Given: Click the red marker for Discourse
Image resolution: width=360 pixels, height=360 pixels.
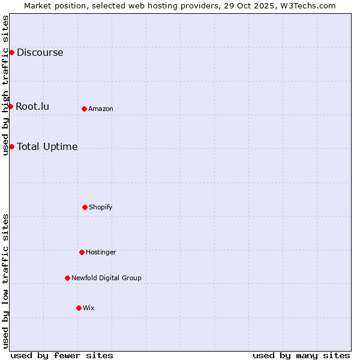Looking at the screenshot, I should coord(11,53).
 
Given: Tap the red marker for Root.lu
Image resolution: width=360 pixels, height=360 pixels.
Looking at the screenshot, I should coord(10,107).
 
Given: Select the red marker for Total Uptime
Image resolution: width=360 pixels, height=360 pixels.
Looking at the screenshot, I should coord(11,147).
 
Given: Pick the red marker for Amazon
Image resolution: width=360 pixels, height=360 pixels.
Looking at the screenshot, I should coord(84,109).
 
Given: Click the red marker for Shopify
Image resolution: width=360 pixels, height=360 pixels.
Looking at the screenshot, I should coord(85,207).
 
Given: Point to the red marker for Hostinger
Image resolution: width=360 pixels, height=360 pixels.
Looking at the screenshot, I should coord(82,252).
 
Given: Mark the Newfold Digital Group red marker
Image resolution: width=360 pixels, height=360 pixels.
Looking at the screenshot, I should coord(67,278).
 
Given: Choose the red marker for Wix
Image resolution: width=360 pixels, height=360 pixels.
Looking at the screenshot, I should coord(79,308).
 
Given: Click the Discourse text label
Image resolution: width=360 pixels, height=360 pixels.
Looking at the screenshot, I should coord(40,53).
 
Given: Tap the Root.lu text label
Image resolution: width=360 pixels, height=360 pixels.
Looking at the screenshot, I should coord(32,107).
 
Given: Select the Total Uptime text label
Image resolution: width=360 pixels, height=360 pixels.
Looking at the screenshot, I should coord(47,147).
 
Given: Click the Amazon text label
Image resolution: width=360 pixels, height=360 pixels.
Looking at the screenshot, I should coord(101,109).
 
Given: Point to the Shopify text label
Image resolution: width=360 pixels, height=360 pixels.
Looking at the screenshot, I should coord(101,207).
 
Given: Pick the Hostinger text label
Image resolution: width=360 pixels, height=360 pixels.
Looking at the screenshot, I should coord(101,252).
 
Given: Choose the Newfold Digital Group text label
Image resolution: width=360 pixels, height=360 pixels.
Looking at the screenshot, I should coord(106,278).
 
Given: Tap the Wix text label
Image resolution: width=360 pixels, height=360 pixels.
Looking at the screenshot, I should coord(89,308).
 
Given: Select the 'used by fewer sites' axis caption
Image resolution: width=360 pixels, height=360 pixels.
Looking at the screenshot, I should coord(62,355).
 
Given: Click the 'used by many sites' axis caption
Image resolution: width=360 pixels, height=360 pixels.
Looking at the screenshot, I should coord(301,355).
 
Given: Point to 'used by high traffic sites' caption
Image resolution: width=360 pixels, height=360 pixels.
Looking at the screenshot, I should coord(6,85).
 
